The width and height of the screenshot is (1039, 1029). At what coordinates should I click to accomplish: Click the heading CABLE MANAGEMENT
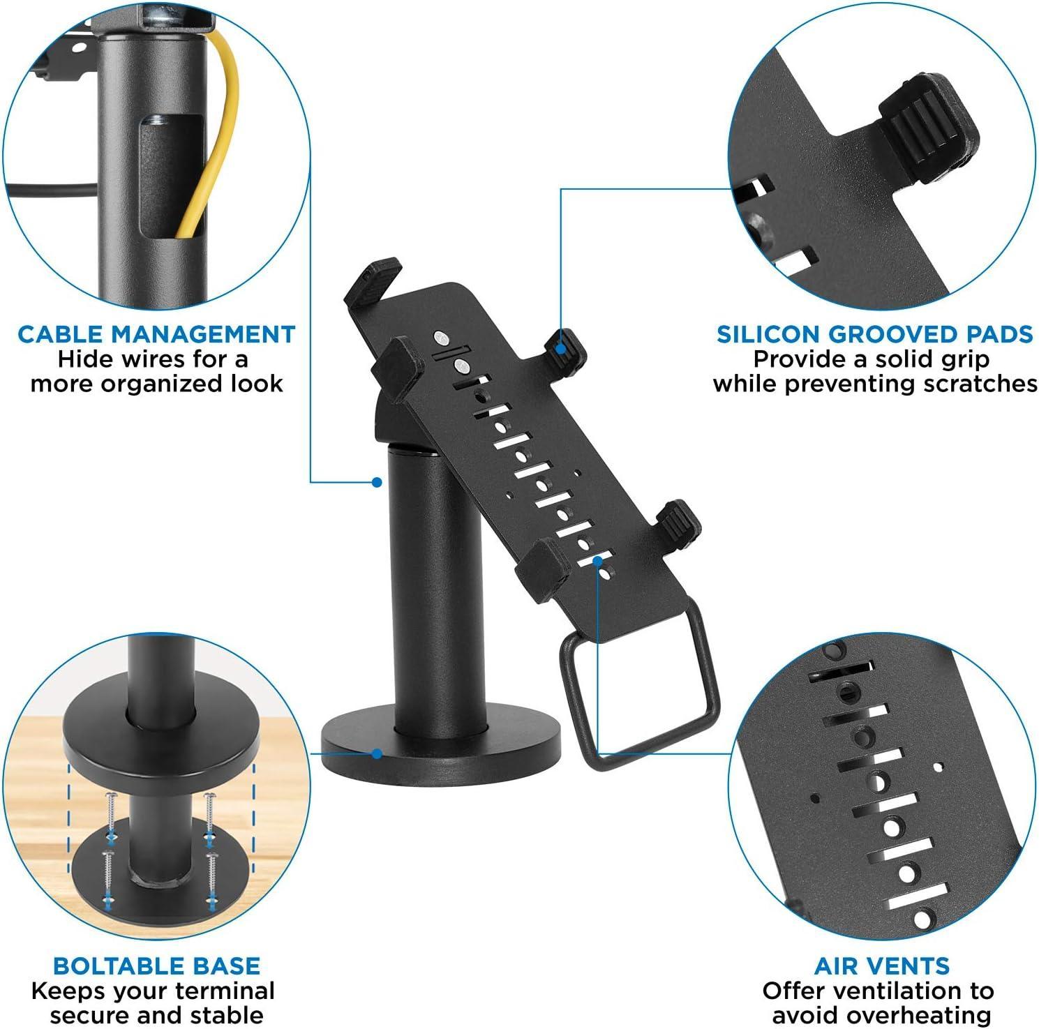[156, 334]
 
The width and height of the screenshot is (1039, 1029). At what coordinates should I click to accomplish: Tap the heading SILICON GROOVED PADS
[874, 334]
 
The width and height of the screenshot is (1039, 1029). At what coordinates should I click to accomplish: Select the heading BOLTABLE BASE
[156, 966]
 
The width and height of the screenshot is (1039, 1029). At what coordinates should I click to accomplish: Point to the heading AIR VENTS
[882, 966]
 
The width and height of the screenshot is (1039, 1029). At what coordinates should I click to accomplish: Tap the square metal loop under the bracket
[641, 698]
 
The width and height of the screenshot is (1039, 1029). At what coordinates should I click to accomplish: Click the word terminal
[225, 991]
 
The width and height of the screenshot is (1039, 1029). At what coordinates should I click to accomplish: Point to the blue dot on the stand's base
[377, 753]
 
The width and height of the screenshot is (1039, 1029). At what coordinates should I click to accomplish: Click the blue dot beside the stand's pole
[377, 481]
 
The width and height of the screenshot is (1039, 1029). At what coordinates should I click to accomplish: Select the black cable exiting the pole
[49, 187]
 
